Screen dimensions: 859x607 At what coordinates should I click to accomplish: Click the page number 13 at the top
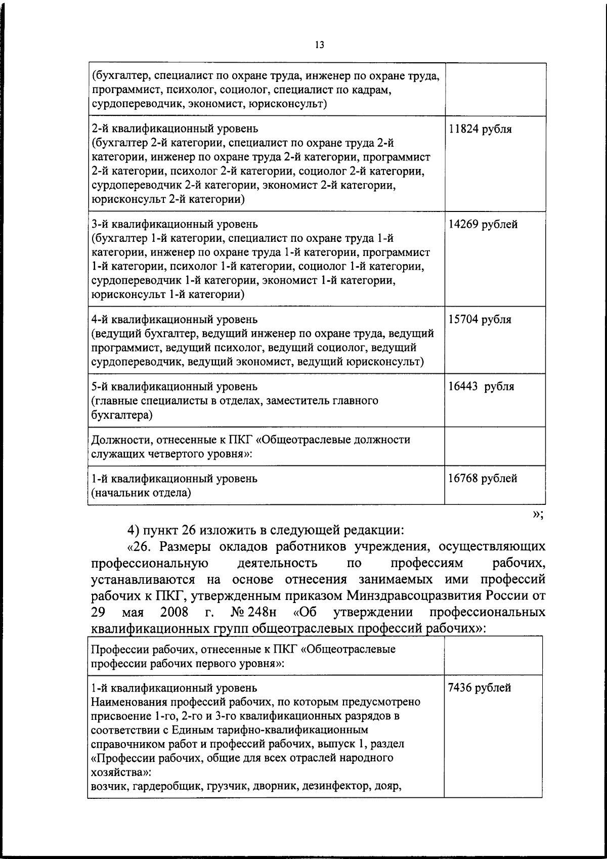pos(319,45)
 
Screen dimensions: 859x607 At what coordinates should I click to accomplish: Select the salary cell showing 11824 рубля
pos(480,130)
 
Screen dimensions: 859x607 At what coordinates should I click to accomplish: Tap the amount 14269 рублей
pos(483,225)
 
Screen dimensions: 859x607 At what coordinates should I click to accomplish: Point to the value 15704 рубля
pos(480,320)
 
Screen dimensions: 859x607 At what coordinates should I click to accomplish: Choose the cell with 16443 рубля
pos(481,387)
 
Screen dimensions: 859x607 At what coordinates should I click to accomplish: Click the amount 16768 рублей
pos(483,479)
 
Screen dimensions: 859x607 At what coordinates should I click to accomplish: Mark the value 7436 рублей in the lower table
pos(480,688)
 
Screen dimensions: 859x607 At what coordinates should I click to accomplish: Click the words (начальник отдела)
pos(141,493)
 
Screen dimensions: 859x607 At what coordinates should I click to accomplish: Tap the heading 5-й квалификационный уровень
pos(174,387)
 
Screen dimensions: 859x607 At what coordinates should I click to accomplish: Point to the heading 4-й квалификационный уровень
pos(174,320)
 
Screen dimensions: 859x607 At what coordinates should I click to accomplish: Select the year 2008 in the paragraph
pos(174,613)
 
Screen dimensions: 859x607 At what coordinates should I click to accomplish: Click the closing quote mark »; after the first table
pos(538,515)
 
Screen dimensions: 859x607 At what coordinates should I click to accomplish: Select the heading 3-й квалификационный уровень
pos(174,225)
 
